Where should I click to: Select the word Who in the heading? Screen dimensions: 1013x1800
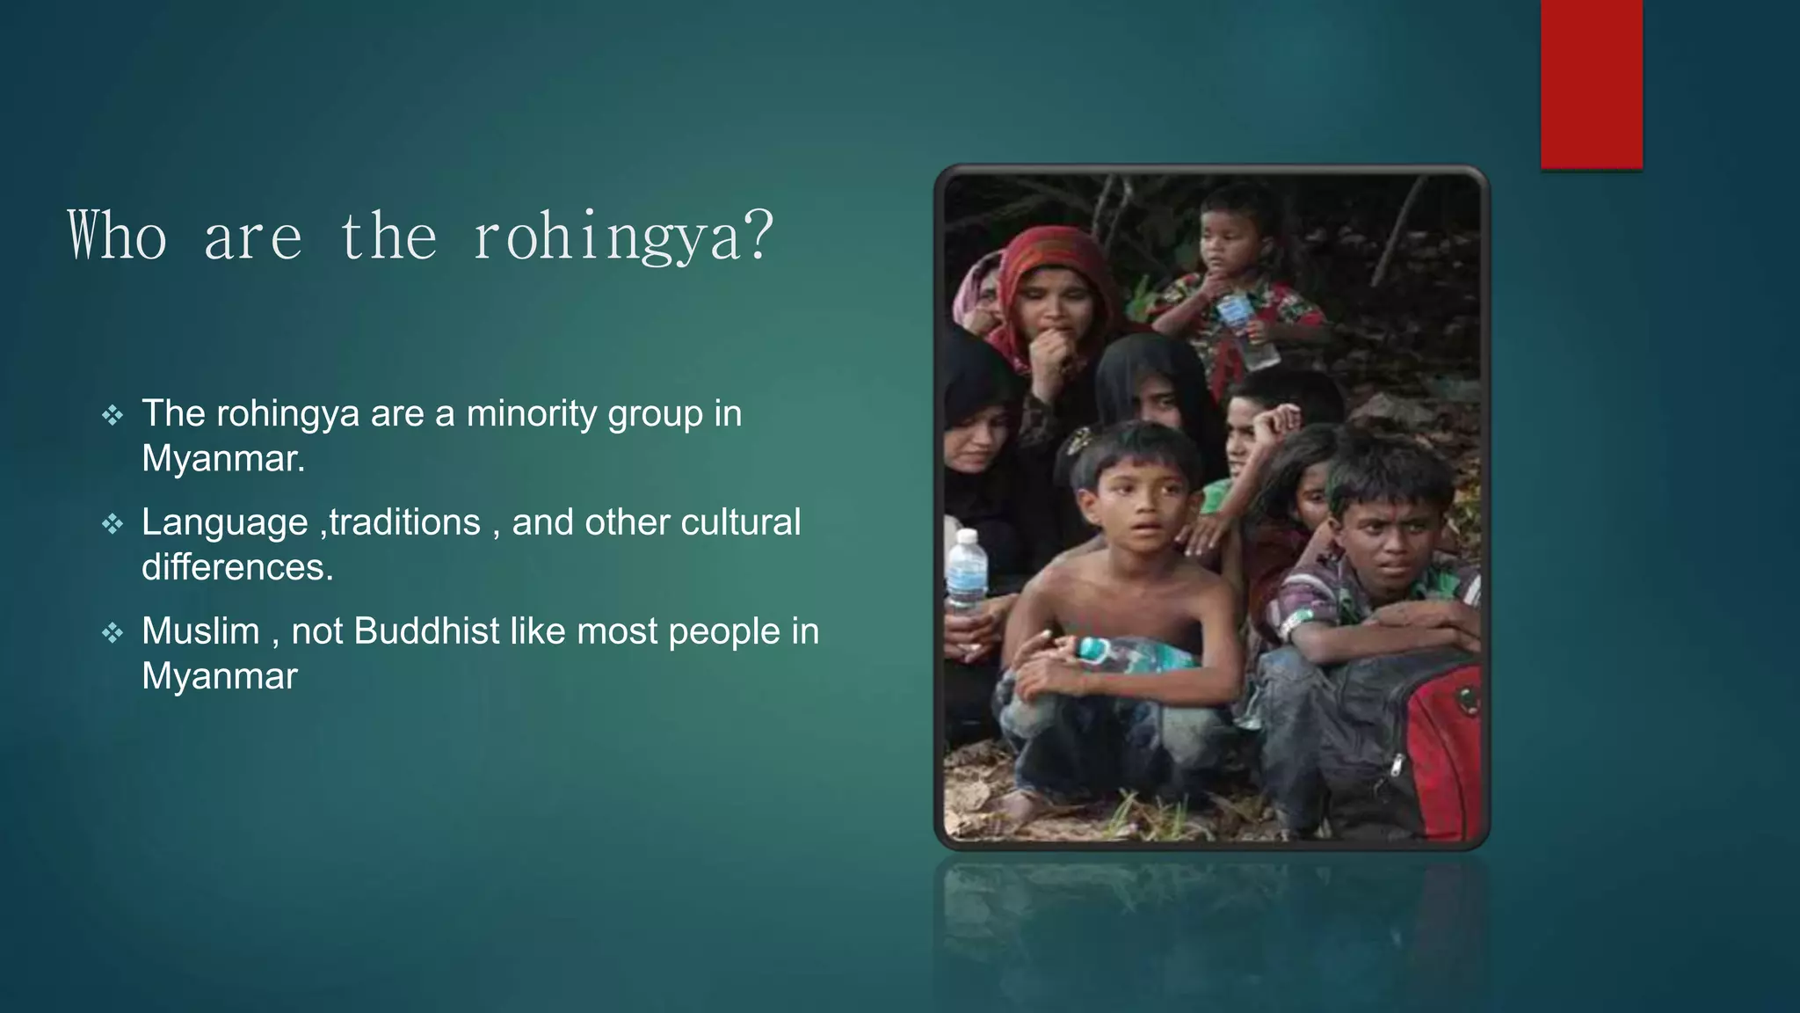pos(117,236)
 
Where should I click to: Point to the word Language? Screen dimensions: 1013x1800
pos(225,522)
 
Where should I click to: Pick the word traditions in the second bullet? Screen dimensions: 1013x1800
pos(405,522)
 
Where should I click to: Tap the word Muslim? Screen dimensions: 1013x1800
pos(200,631)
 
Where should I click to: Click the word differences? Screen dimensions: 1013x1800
pos(237,567)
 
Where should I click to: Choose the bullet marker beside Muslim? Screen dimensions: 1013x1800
pos(112,632)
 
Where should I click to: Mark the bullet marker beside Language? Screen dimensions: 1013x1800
pos(112,524)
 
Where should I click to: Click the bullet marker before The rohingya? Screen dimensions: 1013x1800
pos(112,415)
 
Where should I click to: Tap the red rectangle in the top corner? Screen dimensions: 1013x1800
pos(1591,84)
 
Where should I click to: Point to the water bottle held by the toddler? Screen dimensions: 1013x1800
pos(1246,330)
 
